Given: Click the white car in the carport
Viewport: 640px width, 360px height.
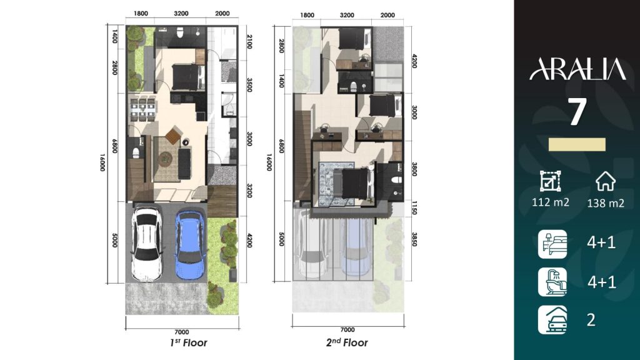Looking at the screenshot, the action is point(146,244).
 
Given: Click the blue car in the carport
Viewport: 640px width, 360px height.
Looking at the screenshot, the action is point(190,245).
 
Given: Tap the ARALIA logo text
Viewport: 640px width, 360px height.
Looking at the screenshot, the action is point(577,69).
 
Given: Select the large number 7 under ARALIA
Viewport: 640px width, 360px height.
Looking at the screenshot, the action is point(577,112).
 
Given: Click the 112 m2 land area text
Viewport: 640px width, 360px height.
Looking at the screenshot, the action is point(550,202).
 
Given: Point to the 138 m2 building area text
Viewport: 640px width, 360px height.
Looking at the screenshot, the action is point(605,203).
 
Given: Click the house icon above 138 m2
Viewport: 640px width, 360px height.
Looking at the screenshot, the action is point(605,181).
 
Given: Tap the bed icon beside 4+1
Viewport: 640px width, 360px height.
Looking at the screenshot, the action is point(552,244).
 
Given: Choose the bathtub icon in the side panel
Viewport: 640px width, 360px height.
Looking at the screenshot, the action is point(552,282).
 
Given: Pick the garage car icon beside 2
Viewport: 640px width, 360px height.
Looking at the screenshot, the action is point(552,320).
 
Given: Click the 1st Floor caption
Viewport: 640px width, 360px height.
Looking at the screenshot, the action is point(189,343).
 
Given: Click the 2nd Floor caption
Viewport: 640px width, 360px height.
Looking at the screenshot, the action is point(347,342).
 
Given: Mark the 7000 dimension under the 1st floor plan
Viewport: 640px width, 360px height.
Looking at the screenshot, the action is point(182,332).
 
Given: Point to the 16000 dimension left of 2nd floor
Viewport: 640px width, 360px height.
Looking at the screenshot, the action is point(269,162).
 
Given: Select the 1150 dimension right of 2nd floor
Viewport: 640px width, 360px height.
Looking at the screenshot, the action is point(414,207).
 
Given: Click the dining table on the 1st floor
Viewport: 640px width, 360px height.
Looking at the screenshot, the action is point(142,109).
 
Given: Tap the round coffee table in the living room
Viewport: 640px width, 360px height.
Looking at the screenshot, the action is point(165,158).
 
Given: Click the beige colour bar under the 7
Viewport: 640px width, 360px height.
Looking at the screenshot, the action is point(577,144).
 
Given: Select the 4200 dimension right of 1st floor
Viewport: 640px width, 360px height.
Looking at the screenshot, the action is point(250,240).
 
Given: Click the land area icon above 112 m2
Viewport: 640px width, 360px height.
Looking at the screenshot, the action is point(550,181).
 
